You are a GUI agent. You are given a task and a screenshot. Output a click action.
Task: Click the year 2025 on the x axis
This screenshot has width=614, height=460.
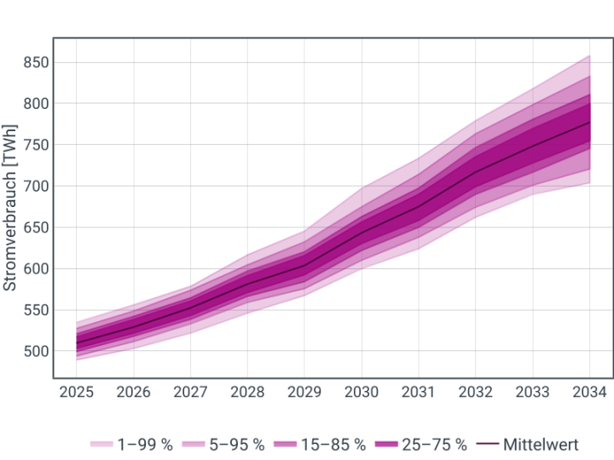[76, 393]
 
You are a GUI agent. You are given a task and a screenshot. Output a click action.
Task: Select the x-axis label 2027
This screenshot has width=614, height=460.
[190, 393]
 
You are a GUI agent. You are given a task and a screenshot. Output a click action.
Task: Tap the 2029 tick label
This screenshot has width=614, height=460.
[304, 393]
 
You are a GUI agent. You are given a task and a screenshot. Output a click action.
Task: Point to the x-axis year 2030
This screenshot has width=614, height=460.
[362, 393]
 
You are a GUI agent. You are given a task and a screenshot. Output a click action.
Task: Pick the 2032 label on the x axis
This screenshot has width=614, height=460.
[476, 393]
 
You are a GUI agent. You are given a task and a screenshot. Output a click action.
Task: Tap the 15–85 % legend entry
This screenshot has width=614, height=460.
[323, 445]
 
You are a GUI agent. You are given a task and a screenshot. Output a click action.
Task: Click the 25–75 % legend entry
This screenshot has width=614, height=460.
[425, 445]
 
